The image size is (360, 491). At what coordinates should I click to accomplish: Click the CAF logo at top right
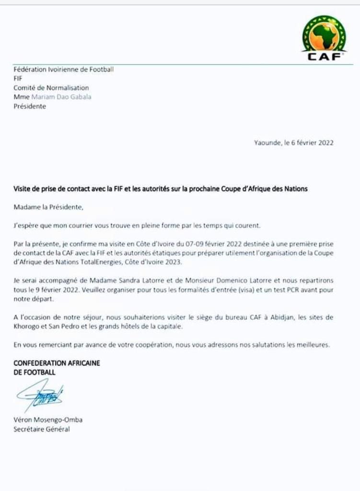(324, 38)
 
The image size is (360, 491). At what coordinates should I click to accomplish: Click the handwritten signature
(39, 395)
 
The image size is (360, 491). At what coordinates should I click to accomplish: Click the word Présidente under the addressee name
(30, 106)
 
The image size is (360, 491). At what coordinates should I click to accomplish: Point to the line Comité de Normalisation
(51, 88)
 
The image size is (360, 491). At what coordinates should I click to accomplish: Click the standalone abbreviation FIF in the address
(18, 79)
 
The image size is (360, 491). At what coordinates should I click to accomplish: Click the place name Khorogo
(28, 326)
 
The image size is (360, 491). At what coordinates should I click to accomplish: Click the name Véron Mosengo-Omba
(48, 420)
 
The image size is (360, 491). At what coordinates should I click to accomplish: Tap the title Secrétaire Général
(42, 429)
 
